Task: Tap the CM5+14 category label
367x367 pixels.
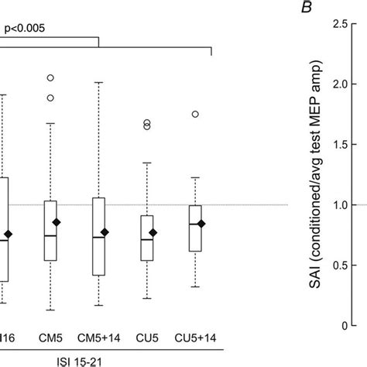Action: (98, 338)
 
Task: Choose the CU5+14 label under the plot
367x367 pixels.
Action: (190, 338)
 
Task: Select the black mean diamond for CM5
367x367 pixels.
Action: (67, 222)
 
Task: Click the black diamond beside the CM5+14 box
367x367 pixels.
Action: (115, 232)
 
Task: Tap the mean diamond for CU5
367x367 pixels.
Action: (153, 232)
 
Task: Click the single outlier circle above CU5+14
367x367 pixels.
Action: (196, 114)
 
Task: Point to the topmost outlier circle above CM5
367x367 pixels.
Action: (50, 78)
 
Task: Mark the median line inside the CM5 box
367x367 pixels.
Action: (50, 235)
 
